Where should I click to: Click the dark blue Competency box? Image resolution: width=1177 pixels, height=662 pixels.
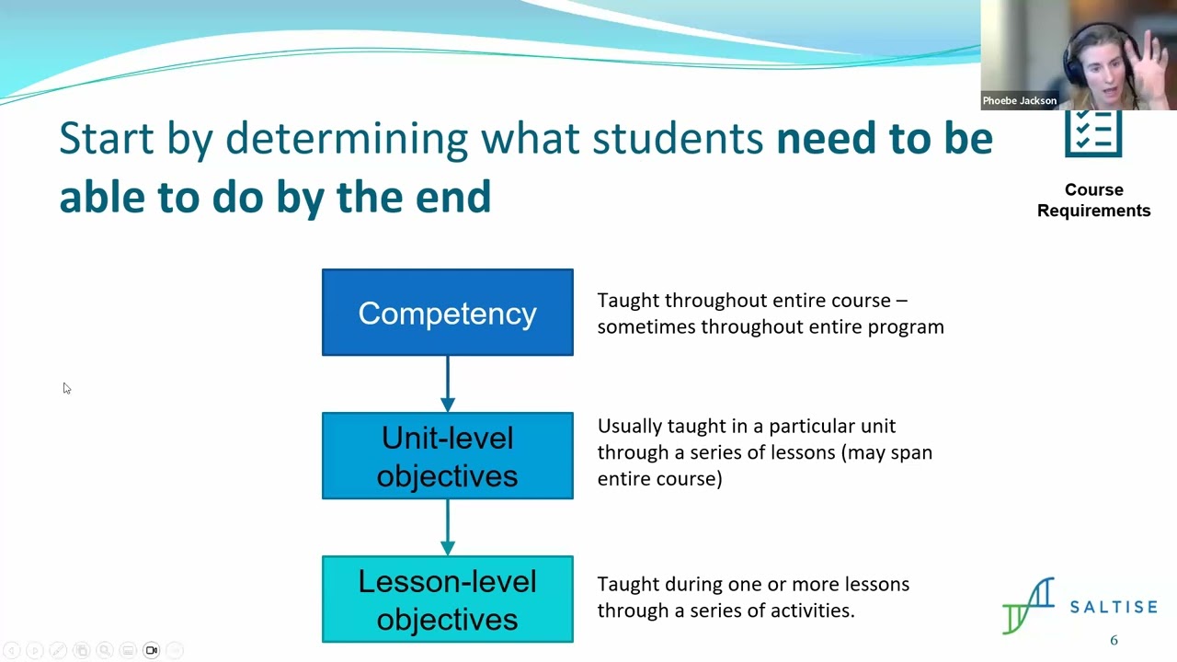tap(447, 313)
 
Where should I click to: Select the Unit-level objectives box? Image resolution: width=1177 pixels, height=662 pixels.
tap(447, 456)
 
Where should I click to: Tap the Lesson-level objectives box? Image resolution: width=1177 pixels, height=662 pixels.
tap(447, 599)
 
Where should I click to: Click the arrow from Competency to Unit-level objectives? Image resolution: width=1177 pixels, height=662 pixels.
tap(448, 383)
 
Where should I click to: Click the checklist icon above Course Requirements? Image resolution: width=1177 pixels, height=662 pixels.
tap(1093, 134)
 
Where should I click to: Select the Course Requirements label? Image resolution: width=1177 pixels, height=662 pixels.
tap(1093, 200)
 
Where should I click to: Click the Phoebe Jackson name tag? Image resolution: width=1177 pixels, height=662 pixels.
tap(1019, 100)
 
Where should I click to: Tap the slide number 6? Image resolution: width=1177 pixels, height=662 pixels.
tap(1114, 640)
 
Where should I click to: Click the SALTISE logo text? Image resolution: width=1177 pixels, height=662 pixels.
tap(1114, 607)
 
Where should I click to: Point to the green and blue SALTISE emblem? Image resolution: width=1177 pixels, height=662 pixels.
tap(1029, 605)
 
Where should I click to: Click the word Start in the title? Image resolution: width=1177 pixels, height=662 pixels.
tap(106, 138)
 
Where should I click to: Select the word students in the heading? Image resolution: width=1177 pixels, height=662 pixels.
tap(678, 138)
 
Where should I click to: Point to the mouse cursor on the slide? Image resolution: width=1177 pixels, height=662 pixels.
tap(66, 388)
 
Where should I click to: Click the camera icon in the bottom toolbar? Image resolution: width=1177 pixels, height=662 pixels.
tap(152, 650)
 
